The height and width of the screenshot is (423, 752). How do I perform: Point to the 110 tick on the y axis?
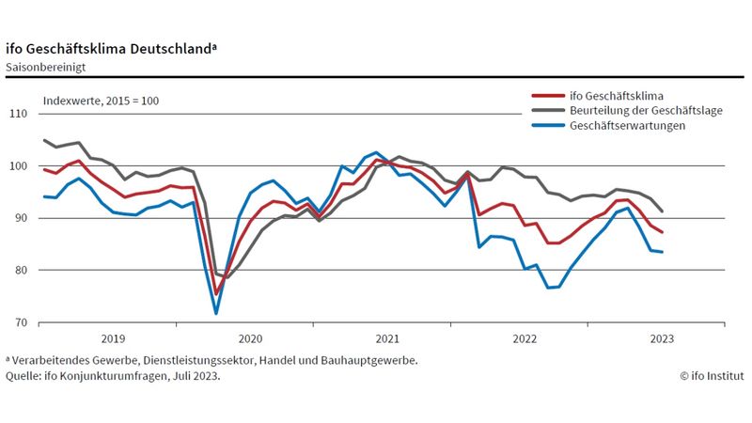click(19, 114)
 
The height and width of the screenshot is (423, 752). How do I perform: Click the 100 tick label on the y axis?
click(19, 166)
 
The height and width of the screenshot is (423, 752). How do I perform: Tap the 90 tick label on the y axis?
click(21, 218)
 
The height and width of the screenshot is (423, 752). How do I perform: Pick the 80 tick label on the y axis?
click(21, 271)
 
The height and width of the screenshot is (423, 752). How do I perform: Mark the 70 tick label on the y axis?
click(21, 322)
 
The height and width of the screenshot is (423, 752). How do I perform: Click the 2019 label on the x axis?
click(112, 337)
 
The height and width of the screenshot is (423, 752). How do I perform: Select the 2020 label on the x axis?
click(249, 337)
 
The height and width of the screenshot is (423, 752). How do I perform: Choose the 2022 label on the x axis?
click(524, 337)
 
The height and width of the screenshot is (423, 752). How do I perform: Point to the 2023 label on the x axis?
click(661, 337)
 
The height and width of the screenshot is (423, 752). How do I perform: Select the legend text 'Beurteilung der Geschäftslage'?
click(644, 110)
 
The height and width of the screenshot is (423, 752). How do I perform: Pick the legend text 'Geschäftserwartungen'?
click(625, 125)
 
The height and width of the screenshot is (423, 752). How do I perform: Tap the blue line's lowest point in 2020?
click(217, 313)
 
